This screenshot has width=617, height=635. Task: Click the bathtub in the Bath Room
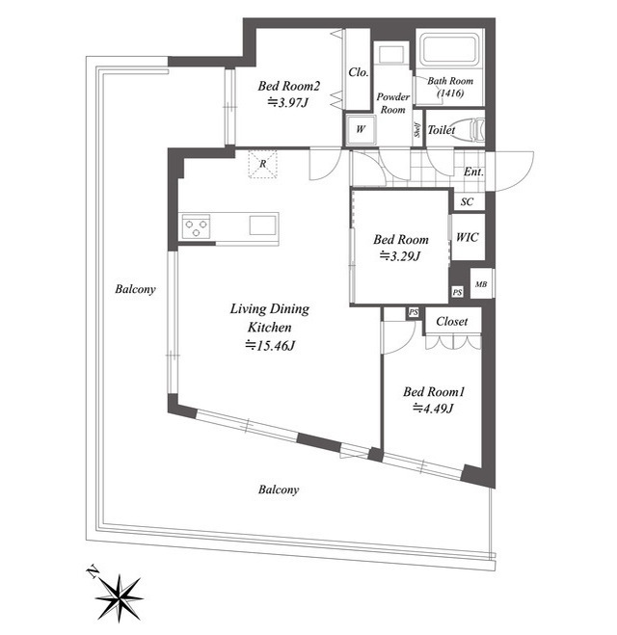pos(449,50)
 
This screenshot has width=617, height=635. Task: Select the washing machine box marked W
pos(361,129)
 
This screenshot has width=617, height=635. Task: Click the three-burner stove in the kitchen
pos(196,226)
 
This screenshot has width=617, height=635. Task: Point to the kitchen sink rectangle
pos(262,225)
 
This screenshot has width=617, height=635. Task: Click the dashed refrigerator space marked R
pos(262,164)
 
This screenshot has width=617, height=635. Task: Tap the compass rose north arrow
pos(118,595)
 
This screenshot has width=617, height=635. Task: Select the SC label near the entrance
pos(467,201)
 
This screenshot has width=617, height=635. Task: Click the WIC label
pos(468,237)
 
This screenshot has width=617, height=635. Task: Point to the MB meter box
pos(481,283)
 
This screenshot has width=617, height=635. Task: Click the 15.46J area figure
pos(270,345)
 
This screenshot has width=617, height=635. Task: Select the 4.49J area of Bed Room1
pos(433,409)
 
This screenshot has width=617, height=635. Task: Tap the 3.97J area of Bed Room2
pos(288,102)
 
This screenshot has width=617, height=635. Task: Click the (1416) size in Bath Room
pos(450,93)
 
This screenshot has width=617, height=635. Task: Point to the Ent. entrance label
pos(473,172)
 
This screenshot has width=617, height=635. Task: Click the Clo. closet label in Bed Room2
pos(359,72)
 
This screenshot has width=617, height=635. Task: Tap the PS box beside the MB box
pos(457,292)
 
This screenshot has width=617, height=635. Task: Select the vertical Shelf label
pos(416,129)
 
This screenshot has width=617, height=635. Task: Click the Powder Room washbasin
pos(391,53)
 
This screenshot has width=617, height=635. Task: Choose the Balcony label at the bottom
pos(279,489)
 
